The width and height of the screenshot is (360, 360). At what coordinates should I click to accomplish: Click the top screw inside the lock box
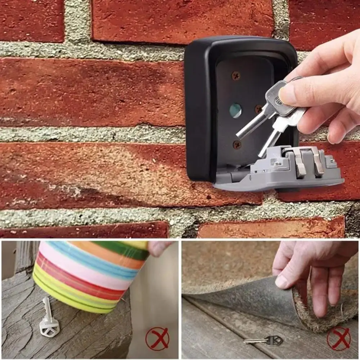[236, 76]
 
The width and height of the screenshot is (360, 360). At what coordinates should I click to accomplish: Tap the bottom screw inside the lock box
[237, 144]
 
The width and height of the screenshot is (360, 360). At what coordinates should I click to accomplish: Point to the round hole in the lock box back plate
[235, 111]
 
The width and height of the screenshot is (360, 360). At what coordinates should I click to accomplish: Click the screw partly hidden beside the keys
[258, 109]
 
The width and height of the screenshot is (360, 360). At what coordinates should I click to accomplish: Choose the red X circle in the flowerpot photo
[157, 339]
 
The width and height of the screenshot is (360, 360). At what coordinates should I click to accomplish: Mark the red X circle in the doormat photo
[338, 339]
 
